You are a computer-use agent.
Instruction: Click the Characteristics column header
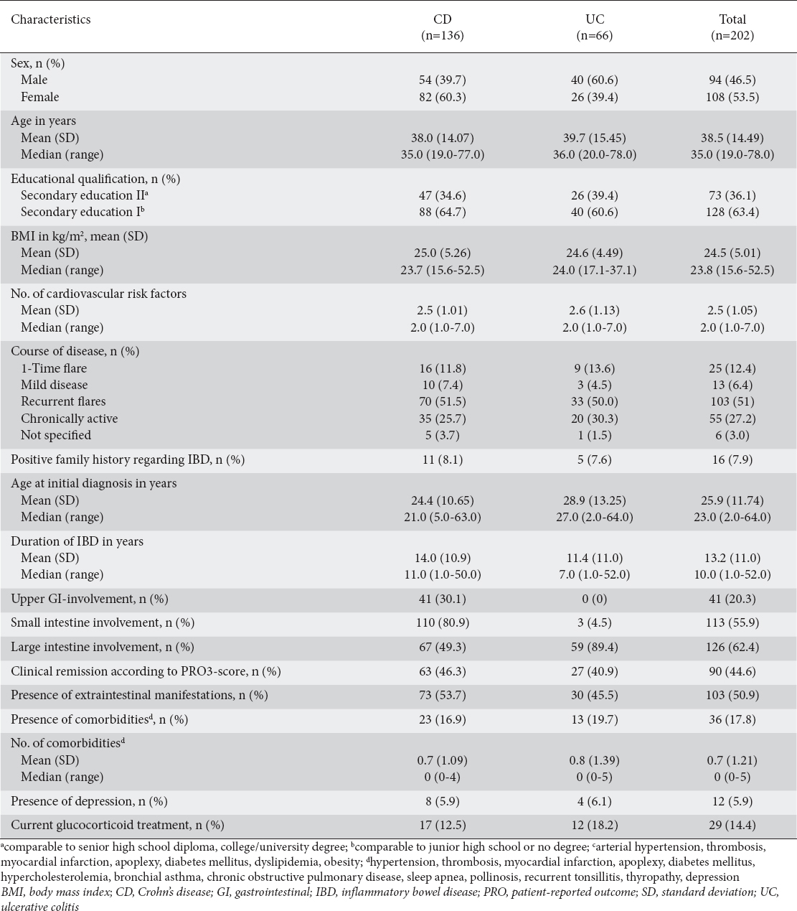point(51,19)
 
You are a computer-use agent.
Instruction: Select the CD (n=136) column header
point(442,27)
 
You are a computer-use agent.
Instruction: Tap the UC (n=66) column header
point(594,27)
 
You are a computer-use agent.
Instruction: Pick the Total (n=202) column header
point(732,27)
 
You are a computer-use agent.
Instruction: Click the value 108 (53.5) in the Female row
point(732,97)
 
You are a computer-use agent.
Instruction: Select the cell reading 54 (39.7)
point(442,80)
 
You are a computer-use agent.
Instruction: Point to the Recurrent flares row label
point(63,401)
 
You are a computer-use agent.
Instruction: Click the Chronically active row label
point(69,419)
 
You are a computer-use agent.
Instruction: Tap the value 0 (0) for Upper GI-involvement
point(594,599)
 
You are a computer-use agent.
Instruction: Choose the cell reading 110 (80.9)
point(442,622)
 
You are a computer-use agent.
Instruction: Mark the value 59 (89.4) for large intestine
point(594,647)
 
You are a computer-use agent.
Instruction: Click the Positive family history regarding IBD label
point(128,459)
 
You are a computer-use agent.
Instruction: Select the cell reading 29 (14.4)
point(732,825)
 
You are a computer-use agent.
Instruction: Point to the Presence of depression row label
point(89,801)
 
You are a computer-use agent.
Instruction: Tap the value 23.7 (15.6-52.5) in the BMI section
point(442,270)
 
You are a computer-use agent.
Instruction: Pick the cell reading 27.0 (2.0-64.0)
point(594,517)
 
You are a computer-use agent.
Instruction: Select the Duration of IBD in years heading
point(77,541)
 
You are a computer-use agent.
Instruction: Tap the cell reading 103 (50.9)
point(732,695)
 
